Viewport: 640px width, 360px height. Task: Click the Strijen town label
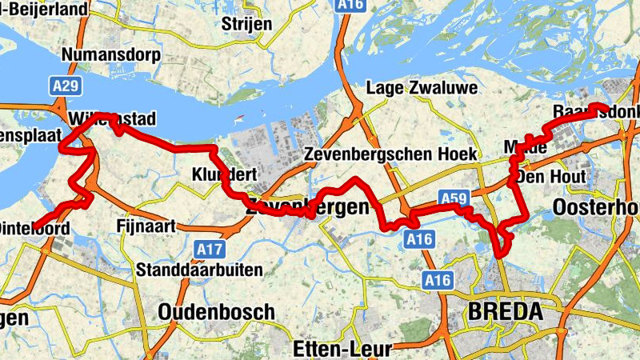(x=246, y=22)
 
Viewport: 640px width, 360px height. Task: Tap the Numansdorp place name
(x=111, y=55)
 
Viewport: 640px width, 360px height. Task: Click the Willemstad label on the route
(x=111, y=119)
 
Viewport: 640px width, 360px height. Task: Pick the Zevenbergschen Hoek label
(x=391, y=154)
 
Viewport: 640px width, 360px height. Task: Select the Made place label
(x=526, y=148)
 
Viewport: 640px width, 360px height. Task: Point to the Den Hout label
(x=551, y=176)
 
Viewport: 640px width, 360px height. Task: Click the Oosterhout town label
(x=596, y=207)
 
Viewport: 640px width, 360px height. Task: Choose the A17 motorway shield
(x=210, y=250)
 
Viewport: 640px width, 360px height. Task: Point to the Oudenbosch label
(x=216, y=311)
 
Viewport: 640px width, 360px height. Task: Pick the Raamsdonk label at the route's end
(x=597, y=112)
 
